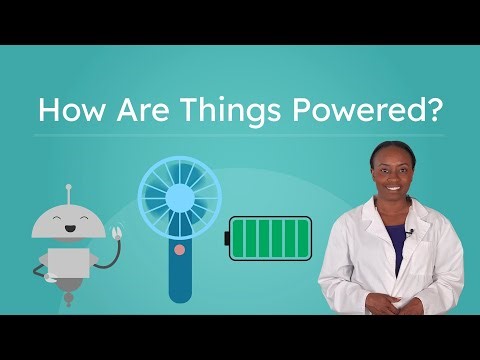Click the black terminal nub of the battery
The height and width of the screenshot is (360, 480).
(227, 239)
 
